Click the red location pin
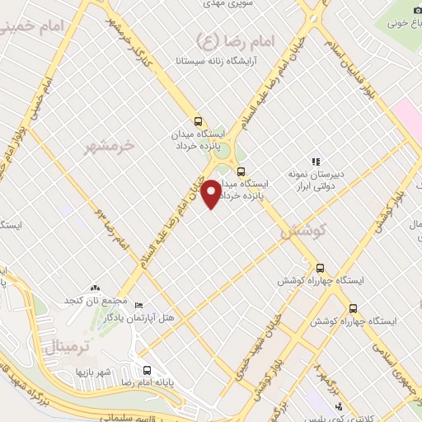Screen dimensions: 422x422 pyautogui.click(x=212, y=193)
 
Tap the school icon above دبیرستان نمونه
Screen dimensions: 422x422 pyautogui.click(x=314, y=162)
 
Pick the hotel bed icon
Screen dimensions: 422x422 pyautogui.click(x=138, y=305)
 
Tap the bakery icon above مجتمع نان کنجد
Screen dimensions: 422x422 pyautogui.click(x=96, y=288)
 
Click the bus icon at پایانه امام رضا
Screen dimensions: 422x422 pyautogui.click(x=147, y=370)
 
